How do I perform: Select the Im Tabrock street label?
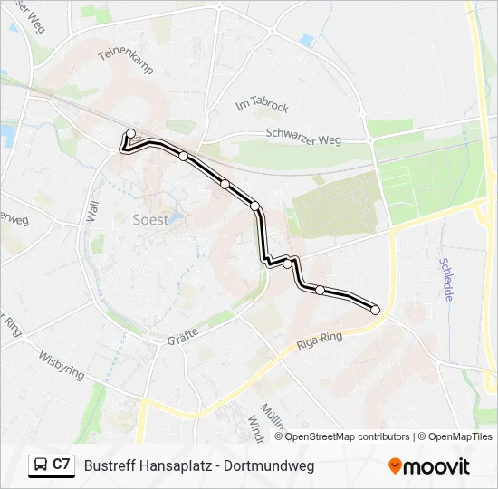(x=261, y=106)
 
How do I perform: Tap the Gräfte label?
(x=183, y=338)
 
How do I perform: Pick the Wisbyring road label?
(x=62, y=364)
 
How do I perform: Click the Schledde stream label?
(x=447, y=278)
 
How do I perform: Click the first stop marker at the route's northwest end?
(x=130, y=134)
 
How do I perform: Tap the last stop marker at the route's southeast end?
(x=375, y=310)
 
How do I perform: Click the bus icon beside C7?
(x=41, y=465)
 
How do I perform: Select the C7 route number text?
(x=61, y=465)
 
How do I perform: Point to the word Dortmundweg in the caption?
(x=269, y=466)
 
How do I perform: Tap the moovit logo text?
(x=436, y=466)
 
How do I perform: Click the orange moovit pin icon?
(x=395, y=465)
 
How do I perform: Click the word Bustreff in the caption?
(x=110, y=466)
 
